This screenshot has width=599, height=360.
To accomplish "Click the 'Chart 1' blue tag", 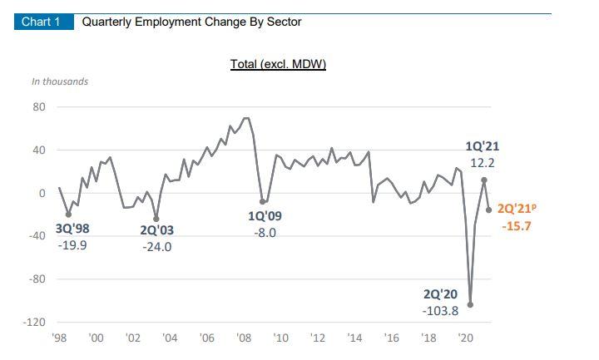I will pos(41,22).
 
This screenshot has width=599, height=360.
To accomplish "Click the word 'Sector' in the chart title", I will pos(284,22).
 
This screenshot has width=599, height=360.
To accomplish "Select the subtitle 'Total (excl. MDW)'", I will pos(278,64).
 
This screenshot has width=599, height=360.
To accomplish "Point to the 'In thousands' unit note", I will pos(60,81).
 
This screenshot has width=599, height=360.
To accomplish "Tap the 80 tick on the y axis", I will pos(39,107).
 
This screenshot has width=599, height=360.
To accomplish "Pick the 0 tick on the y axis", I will pos(42,193).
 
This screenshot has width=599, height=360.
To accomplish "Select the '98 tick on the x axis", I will pos(59,338).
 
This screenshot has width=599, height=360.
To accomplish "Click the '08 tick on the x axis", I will pos(244,338).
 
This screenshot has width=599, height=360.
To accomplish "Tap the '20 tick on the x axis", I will pos(466,338).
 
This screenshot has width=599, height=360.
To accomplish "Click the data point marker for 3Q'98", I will pos(68,215).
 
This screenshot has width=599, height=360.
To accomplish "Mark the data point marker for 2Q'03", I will pos(156,219).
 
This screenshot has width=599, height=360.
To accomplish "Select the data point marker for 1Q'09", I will pos(263,201).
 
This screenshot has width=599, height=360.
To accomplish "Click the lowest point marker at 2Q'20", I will pos(471,304).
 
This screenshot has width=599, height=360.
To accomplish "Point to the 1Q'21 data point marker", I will pos(484,180).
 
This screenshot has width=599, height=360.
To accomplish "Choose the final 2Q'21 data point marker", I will pos(488,210).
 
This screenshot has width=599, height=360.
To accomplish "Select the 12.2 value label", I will pos(483,163).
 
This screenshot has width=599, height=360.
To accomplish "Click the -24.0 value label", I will pos(156,247).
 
